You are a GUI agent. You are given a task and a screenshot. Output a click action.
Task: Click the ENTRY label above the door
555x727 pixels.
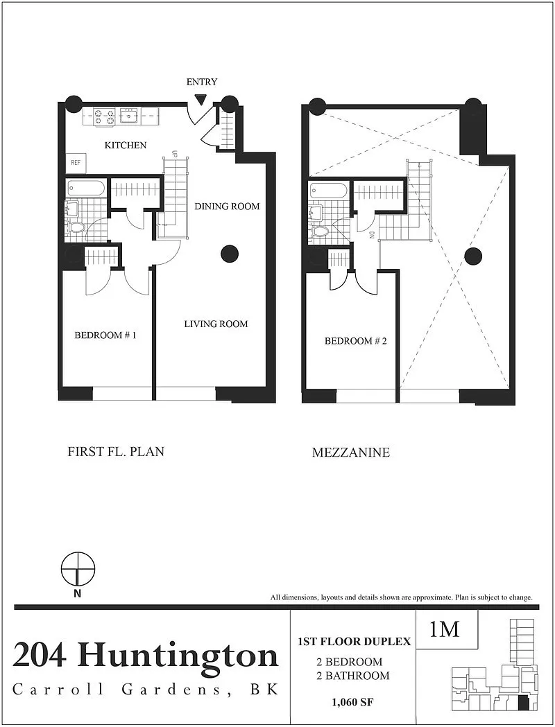[x=201, y=82]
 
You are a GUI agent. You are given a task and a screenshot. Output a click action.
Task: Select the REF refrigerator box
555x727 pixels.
[x=76, y=163]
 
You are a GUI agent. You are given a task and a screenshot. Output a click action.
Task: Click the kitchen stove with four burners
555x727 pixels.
[x=105, y=116]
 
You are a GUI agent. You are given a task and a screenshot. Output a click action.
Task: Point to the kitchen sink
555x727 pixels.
[x=128, y=116]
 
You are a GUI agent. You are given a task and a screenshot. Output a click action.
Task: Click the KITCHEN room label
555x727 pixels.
[x=126, y=145]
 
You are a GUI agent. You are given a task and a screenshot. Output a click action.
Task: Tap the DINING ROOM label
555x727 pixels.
[x=227, y=206]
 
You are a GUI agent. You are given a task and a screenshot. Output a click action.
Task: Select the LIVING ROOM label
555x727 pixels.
[x=216, y=324]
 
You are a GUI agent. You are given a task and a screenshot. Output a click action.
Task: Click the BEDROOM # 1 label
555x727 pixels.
[x=105, y=335]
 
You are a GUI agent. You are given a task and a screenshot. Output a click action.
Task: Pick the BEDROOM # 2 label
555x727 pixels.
[x=355, y=341]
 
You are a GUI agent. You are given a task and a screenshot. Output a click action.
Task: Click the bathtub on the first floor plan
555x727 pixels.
[x=86, y=189]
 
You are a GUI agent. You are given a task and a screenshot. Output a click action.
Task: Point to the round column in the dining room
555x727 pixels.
[x=229, y=253]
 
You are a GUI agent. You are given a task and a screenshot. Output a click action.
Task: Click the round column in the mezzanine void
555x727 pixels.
[x=474, y=256]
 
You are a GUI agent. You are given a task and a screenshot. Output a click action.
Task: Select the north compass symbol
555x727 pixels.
[x=78, y=569]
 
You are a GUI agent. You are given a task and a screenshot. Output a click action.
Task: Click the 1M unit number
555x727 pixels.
[x=445, y=629]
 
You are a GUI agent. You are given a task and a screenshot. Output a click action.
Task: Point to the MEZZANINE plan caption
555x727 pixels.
[x=351, y=453]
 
